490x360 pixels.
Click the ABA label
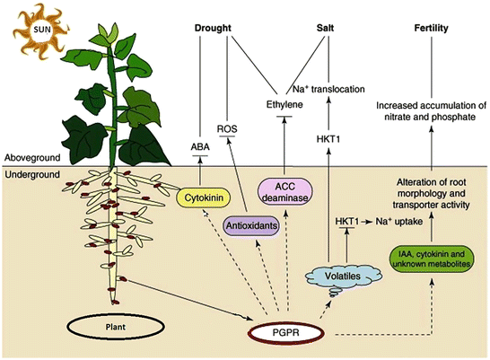coord(199,144)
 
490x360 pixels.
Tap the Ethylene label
coord(285,105)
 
